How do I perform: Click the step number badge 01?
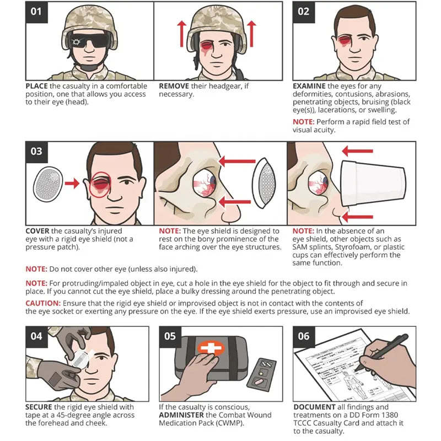tap(36, 12)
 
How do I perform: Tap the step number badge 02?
tap(304, 12)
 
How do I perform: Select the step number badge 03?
tap(36, 151)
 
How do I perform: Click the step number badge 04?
tap(36, 336)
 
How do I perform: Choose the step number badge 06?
tap(304, 336)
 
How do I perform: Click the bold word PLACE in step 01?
tap(36, 87)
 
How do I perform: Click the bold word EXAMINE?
tap(309, 87)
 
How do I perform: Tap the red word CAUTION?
tap(43, 303)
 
